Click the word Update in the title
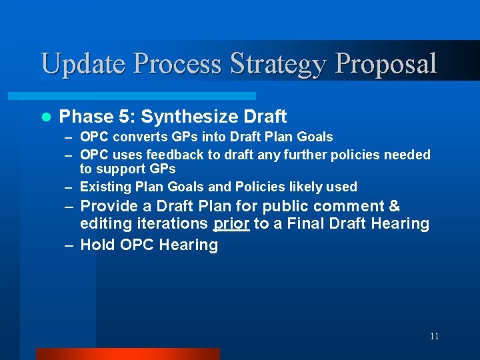[83, 64]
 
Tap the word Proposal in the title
[386, 64]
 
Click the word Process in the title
[178, 64]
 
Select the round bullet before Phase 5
[46, 117]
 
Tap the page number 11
[434, 336]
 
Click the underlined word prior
[231, 224]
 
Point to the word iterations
[172, 224]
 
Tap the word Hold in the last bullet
[97, 245]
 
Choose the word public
[291, 207]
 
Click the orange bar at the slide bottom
[127, 353]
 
